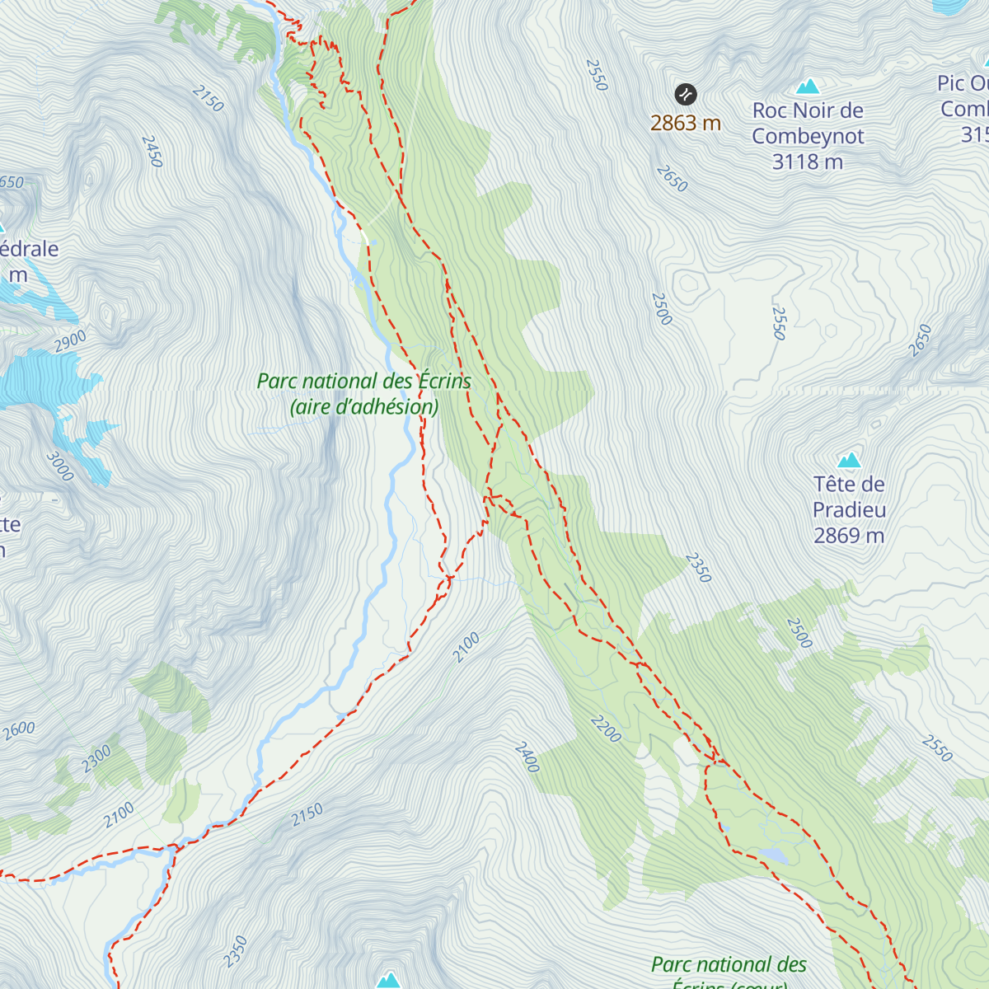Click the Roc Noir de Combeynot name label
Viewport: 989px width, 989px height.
click(x=808, y=123)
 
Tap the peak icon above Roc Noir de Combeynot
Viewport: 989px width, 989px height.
click(x=809, y=86)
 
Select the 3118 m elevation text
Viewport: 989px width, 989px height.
click(x=808, y=162)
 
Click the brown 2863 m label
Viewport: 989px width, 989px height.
click(x=686, y=124)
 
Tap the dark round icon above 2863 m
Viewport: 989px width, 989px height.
click(x=686, y=95)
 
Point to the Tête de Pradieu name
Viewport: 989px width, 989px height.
click(x=849, y=497)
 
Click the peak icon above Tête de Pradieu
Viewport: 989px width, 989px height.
click(x=849, y=459)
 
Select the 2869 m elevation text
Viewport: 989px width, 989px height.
click(x=849, y=536)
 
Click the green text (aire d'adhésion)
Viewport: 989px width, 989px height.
click(x=364, y=407)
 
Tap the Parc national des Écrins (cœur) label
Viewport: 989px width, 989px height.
click(x=729, y=973)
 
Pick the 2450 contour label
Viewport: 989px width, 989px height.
click(x=152, y=152)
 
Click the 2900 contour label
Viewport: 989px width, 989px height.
click(x=71, y=341)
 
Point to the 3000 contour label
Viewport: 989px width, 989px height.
click(x=60, y=466)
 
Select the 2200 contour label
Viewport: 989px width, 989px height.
click(x=606, y=729)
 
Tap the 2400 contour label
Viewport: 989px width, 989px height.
click(x=527, y=757)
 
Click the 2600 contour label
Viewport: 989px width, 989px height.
click(x=18, y=730)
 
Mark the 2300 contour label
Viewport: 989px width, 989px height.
click(x=96, y=758)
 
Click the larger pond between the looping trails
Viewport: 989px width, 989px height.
click(x=774, y=855)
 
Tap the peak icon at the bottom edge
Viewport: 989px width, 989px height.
click(x=388, y=979)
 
